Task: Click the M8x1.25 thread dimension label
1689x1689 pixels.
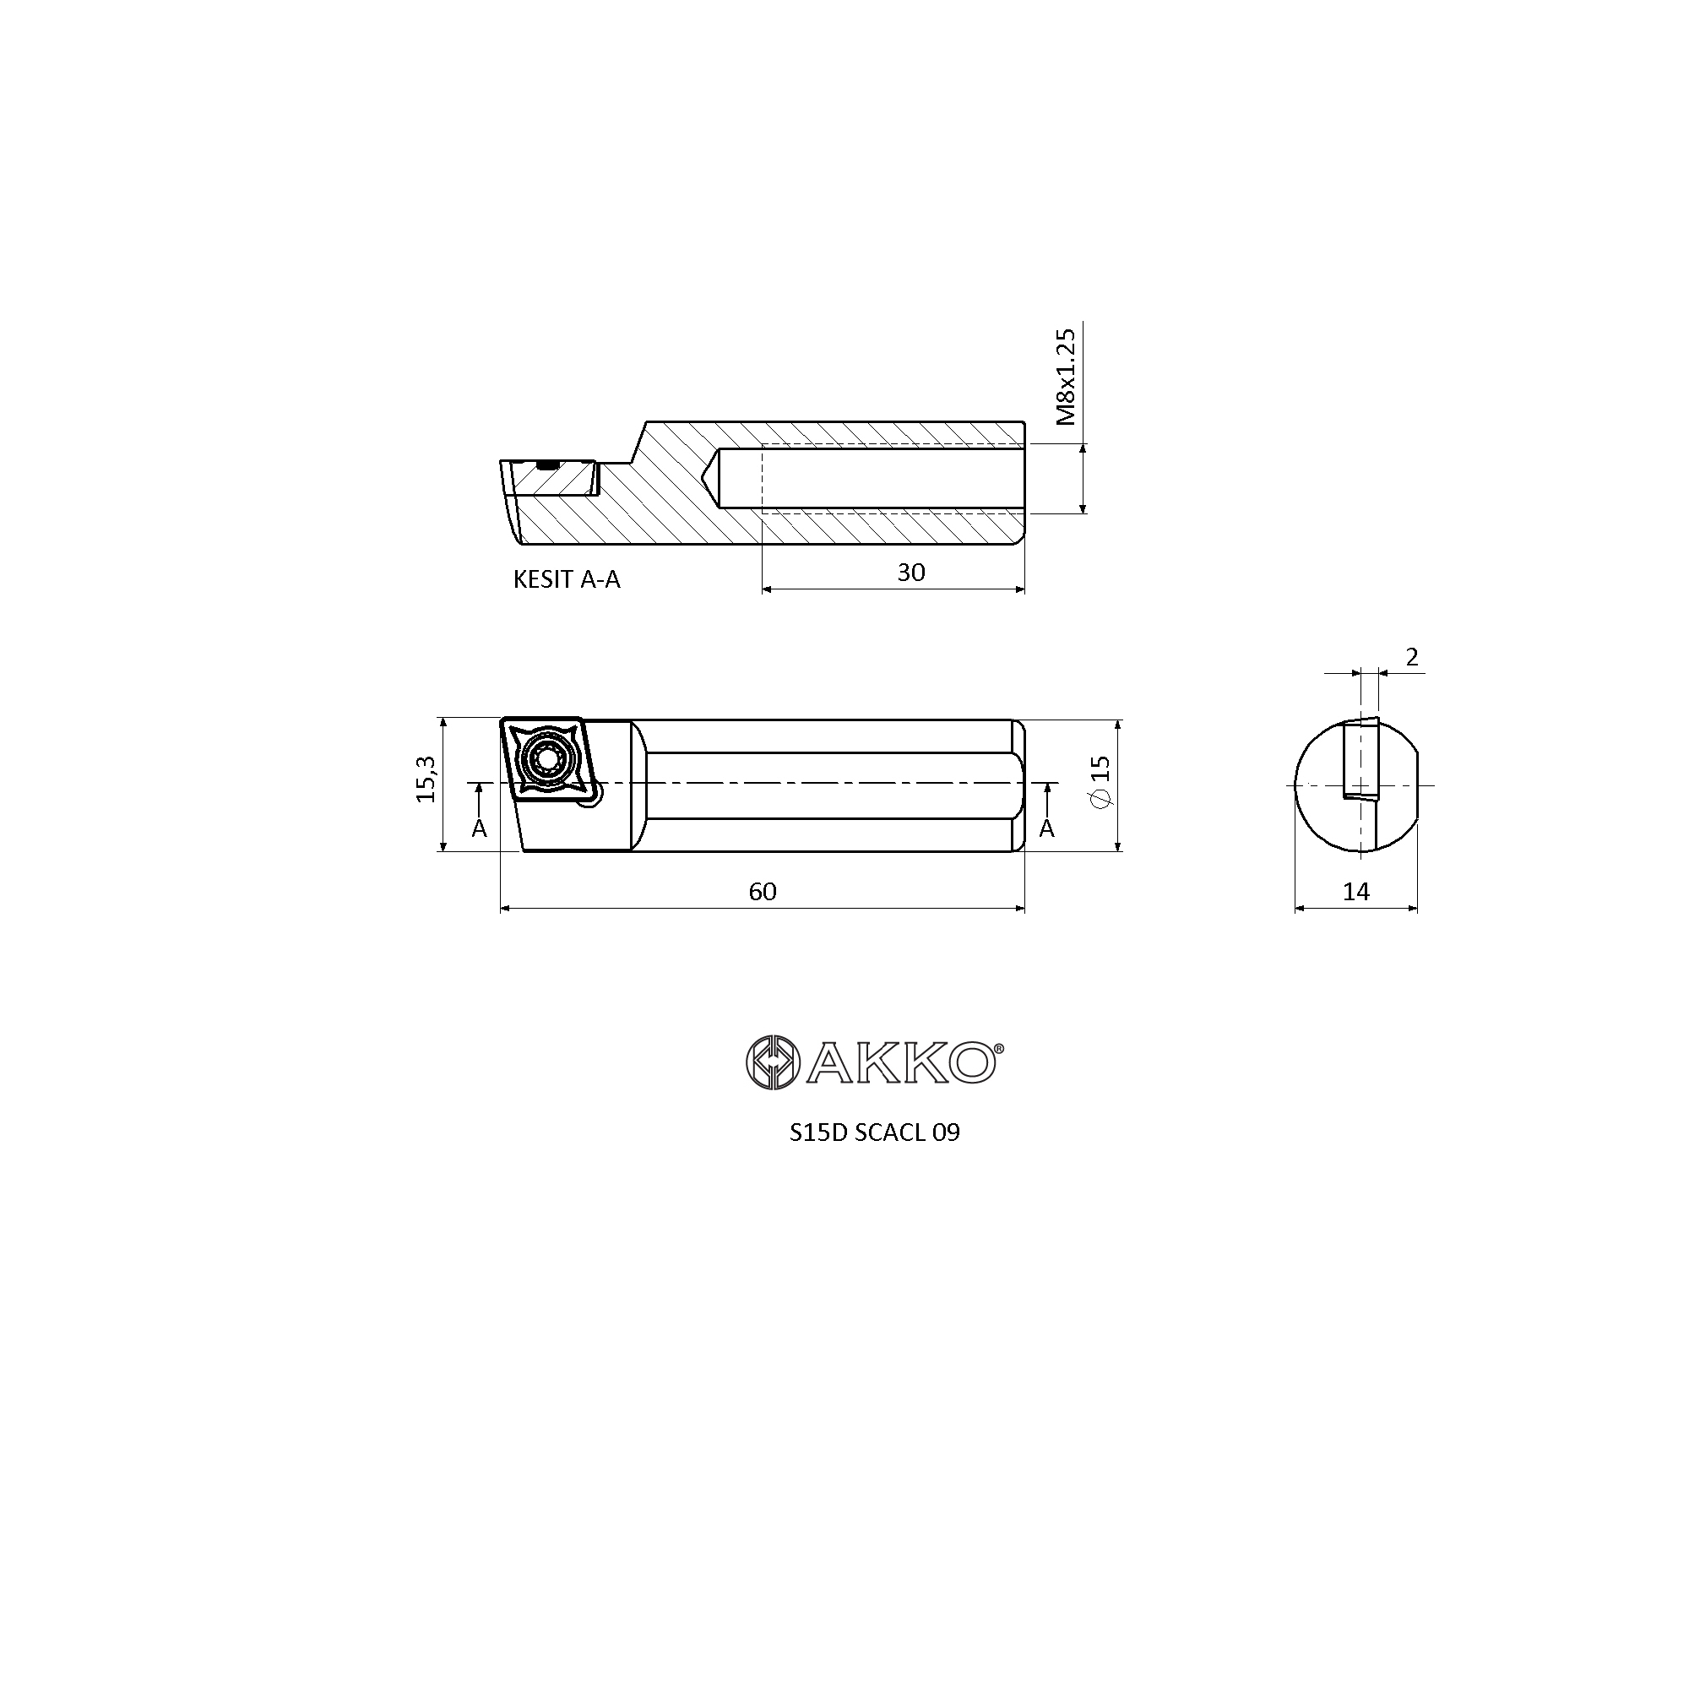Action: [1065, 377]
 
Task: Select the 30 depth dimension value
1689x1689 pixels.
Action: [911, 573]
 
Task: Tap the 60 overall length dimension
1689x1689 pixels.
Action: [763, 892]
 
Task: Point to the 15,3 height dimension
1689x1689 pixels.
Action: [426, 779]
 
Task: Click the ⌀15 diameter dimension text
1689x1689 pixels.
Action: [1100, 780]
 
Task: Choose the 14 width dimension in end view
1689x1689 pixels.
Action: [1356, 892]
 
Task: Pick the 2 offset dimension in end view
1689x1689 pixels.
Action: [1412, 656]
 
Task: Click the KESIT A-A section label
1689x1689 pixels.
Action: [567, 579]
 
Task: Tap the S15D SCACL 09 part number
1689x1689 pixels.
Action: [874, 1132]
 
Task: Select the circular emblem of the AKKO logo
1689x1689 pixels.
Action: [773, 1062]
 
